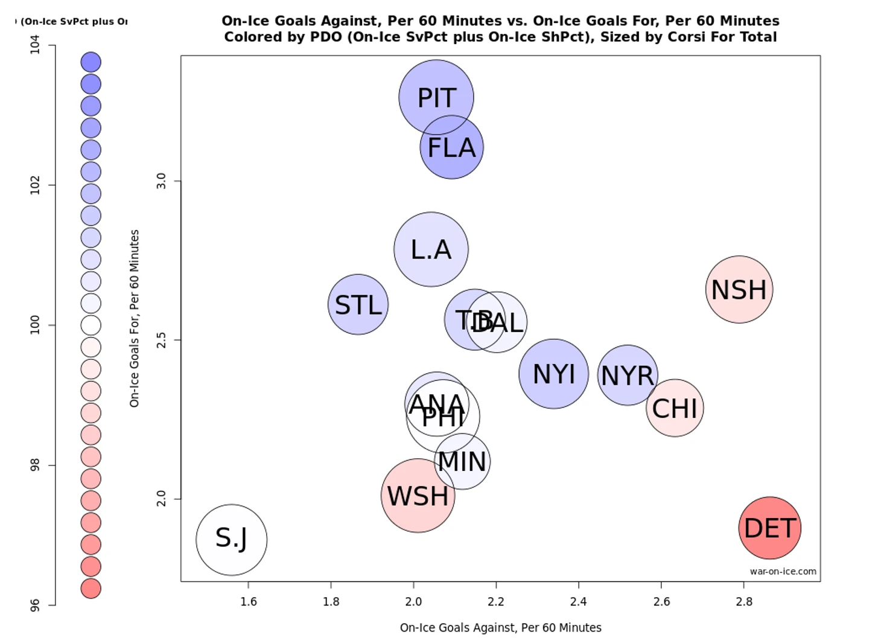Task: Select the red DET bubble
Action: pyautogui.click(x=769, y=528)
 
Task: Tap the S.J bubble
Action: pyautogui.click(x=232, y=539)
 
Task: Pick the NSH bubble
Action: pyautogui.click(x=739, y=290)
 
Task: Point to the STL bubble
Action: pyautogui.click(x=358, y=304)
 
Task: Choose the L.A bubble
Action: pyautogui.click(x=431, y=249)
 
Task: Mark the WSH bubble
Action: pyautogui.click(x=418, y=496)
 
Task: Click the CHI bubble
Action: pyautogui.click(x=675, y=408)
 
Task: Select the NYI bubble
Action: pyautogui.click(x=553, y=374)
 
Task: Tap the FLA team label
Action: pyautogui.click(x=451, y=148)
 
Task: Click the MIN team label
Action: pyautogui.click(x=462, y=462)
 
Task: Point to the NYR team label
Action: pyautogui.click(x=628, y=376)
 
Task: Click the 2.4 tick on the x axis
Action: pyautogui.click(x=578, y=601)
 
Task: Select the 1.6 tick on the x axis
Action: pyautogui.click(x=248, y=601)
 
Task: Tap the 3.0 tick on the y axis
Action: pyautogui.click(x=161, y=181)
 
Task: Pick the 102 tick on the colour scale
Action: pyautogui.click(x=35, y=185)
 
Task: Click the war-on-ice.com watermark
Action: pyautogui.click(x=783, y=571)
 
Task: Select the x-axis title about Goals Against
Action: pyautogui.click(x=500, y=627)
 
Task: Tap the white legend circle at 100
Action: pyautogui.click(x=91, y=325)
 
